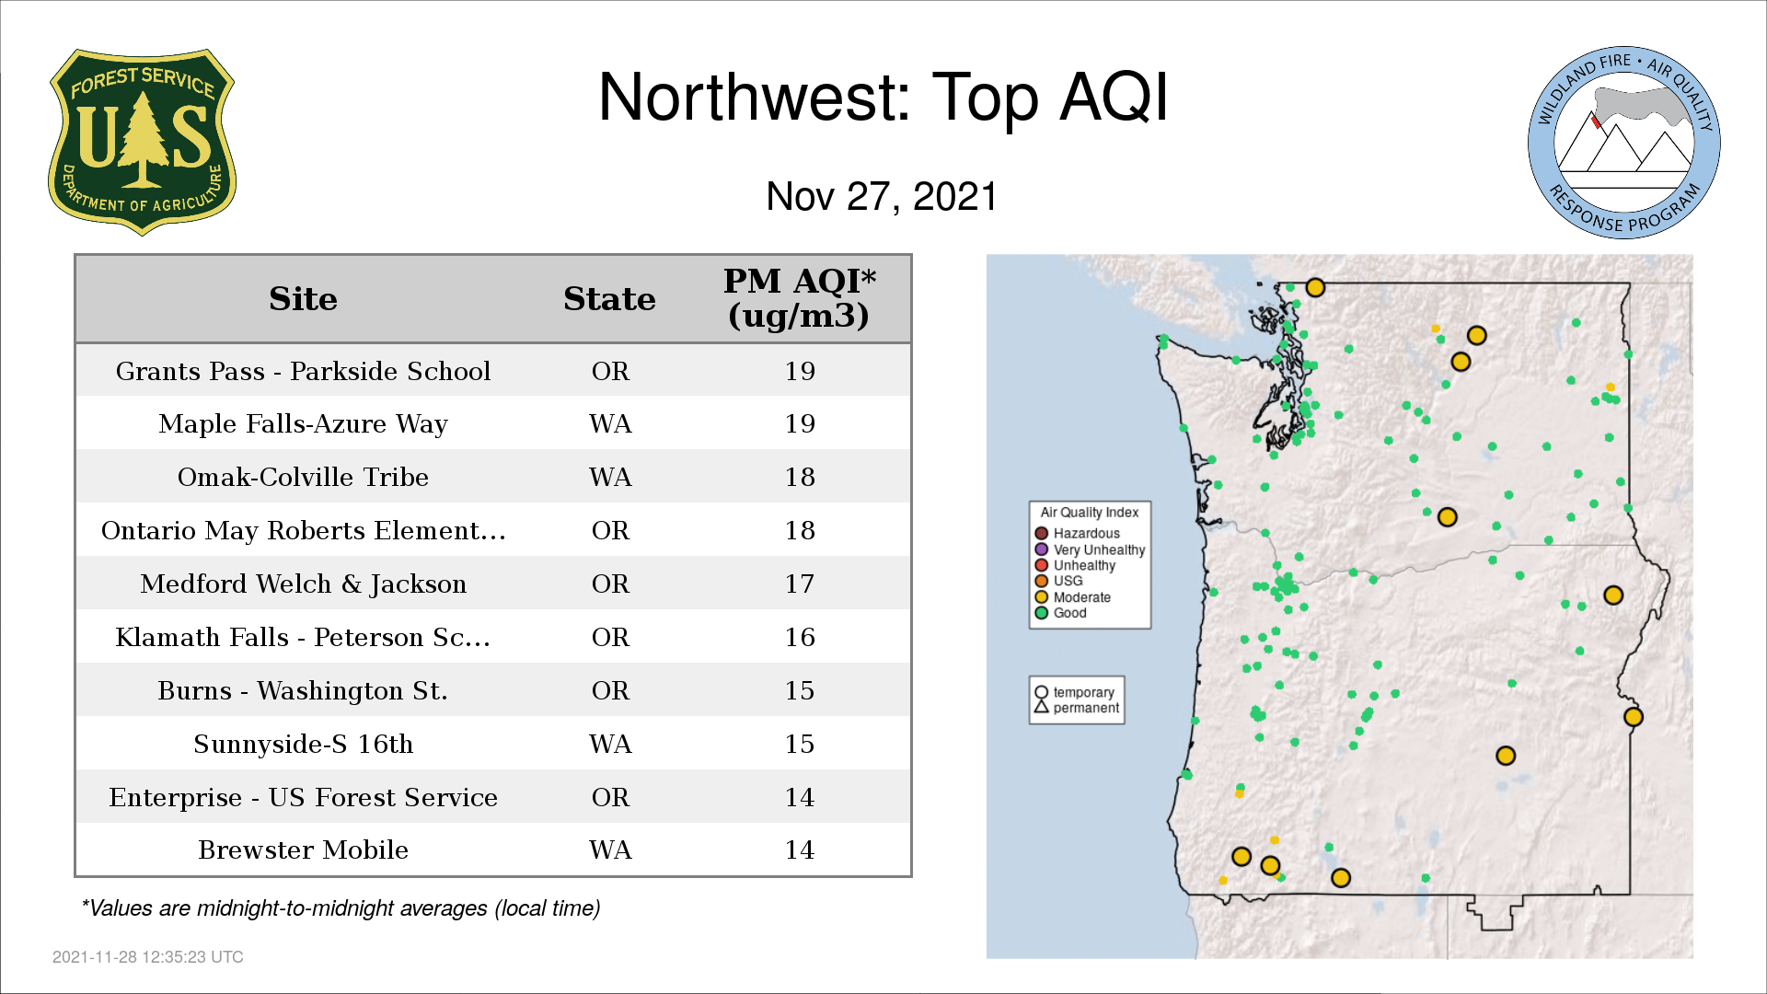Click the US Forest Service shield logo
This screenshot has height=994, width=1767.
[x=142, y=142]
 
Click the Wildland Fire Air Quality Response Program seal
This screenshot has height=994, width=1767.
[x=1624, y=143]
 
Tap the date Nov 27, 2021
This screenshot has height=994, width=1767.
[x=882, y=196]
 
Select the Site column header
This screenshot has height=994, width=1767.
[x=303, y=298]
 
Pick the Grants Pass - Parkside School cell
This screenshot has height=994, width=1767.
[x=303, y=371]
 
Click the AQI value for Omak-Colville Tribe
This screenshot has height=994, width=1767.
[x=800, y=477]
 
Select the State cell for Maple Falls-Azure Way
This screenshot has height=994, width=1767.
[x=610, y=423]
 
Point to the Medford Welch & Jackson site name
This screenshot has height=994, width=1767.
[x=303, y=584]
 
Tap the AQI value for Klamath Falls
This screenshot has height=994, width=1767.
[x=800, y=637]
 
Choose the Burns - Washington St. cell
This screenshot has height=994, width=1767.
[x=303, y=690]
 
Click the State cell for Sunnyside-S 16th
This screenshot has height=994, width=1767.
[x=610, y=744]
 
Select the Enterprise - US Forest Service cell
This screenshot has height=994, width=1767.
[x=303, y=797]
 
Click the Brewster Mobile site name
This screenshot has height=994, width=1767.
[x=303, y=850]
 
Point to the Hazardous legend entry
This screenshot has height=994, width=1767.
[x=1077, y=533]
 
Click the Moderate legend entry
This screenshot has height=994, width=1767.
[x=1072, y=597]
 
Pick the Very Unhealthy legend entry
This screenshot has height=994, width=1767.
[x=1090, y=549]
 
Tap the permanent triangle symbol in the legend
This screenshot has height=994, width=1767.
[x=1042, y=707]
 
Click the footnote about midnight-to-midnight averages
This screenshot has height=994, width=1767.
[x=341, y=908]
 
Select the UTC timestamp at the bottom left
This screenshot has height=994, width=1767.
[x=148, y=957]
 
